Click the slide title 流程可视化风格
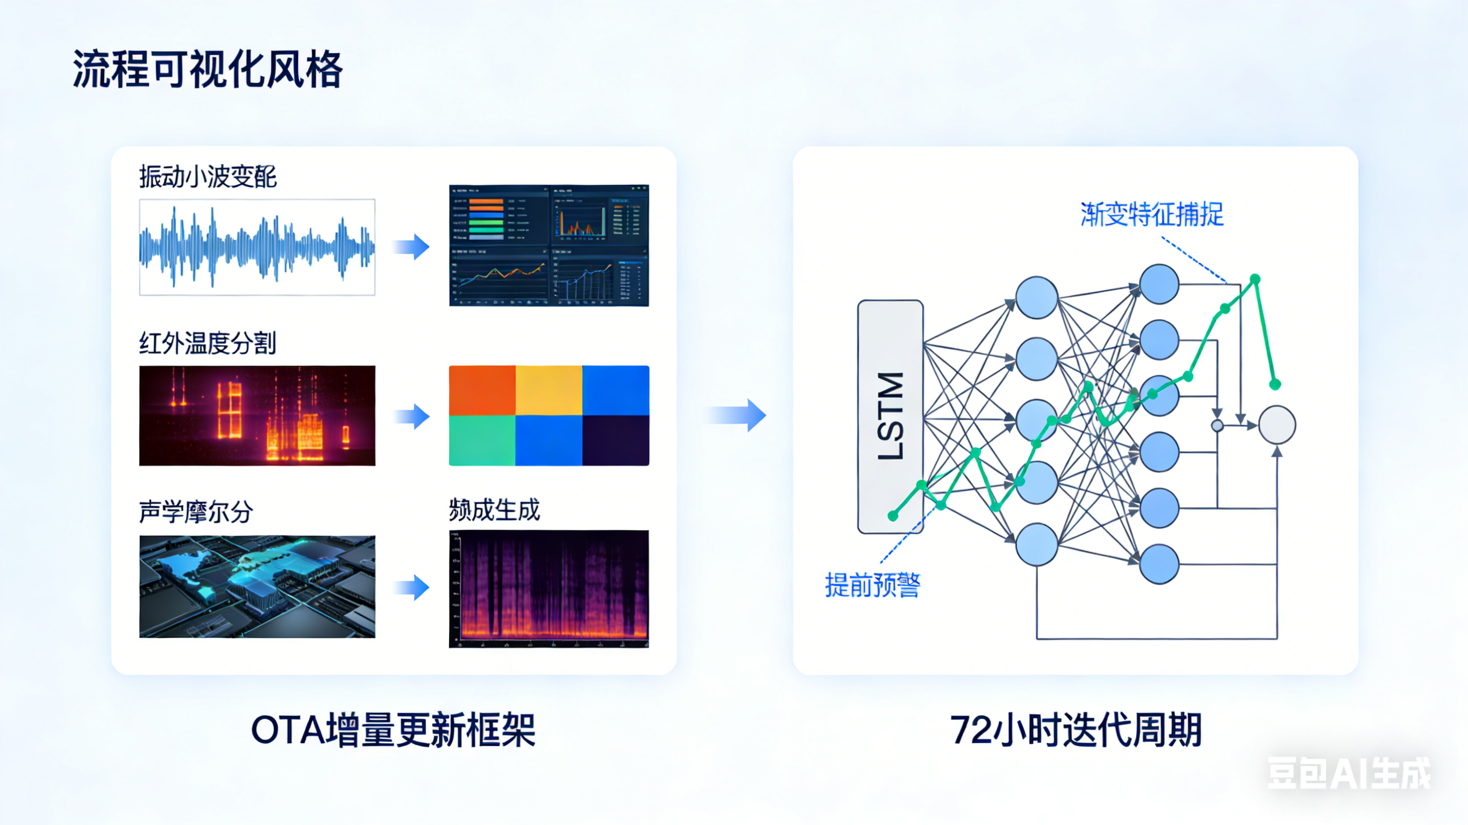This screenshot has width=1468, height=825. point(208,69)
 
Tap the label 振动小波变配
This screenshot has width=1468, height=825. point(208,177)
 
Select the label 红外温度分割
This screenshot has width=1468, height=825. point(208,343)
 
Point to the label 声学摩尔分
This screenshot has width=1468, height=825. point(196,512)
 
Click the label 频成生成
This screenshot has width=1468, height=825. point(494,510)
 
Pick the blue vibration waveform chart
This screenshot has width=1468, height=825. point(257,247)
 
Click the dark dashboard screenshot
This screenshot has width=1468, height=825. point(549,246)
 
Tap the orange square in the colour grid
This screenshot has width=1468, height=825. point(482,390)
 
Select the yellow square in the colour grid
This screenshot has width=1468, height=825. point(549,390)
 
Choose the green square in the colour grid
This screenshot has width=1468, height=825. point(482,440)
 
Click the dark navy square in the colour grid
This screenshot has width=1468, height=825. point(616,440)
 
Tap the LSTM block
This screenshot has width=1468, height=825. point(890,417)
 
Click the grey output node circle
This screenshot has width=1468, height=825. point(1277,425)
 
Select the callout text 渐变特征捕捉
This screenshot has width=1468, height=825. point(1152,215)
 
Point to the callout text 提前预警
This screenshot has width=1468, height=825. point(873,585)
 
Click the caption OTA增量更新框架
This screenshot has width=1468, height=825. point(393,730)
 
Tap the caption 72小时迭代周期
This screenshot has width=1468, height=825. point(1076,730)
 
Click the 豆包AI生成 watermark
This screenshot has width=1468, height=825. point(1348,773)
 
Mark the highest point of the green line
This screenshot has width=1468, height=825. point(1255,279)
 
